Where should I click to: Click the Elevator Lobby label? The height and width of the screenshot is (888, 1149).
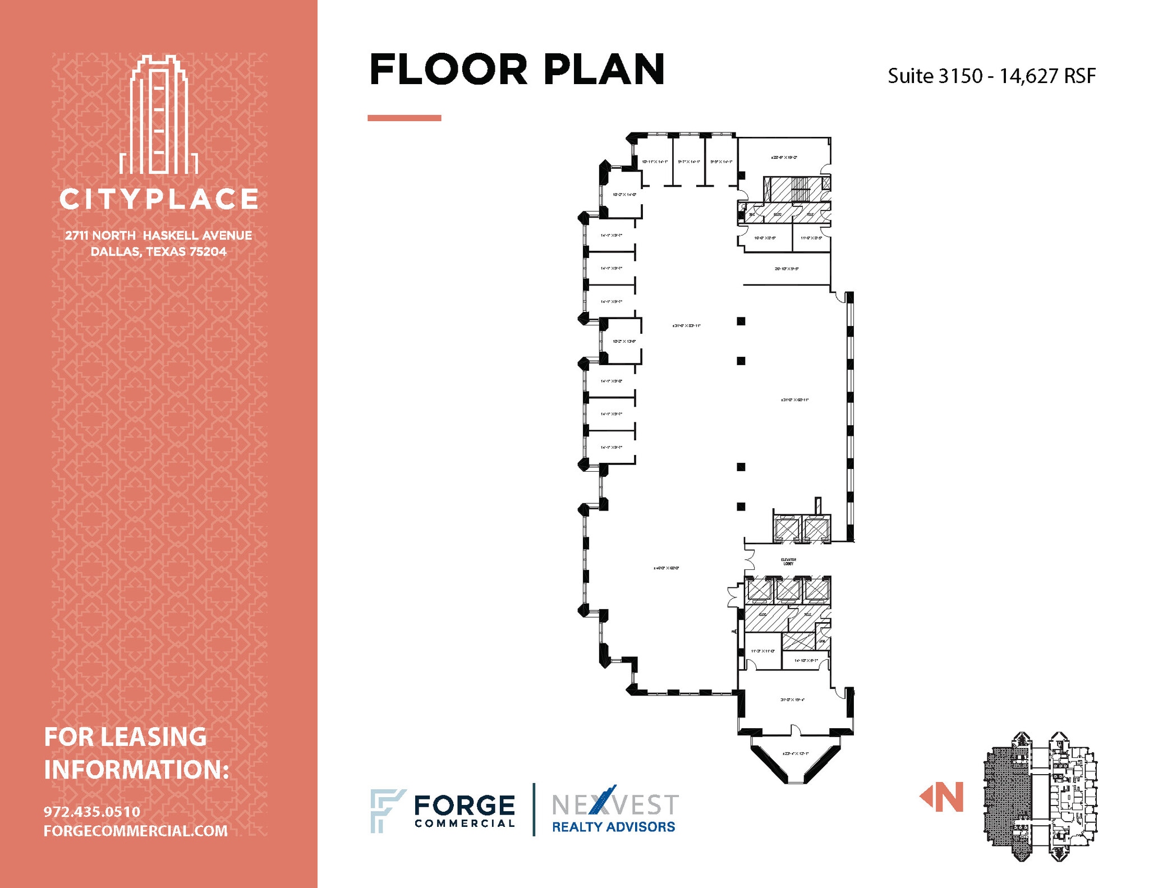[x=788, y=561]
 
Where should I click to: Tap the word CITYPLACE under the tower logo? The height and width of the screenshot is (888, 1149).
[x=159, y=199]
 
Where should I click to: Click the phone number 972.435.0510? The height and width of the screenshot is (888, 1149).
[x=92, y=812]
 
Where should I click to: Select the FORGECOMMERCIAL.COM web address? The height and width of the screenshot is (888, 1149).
[x=136, y=831]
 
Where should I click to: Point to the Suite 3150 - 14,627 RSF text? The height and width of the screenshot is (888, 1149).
[x=991, y=76]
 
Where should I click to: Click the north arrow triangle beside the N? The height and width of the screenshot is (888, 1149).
[x=925, y=797]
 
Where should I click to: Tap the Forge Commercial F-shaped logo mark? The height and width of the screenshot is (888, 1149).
[x=386, y=810]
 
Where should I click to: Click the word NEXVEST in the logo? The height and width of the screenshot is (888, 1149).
[x=615, y=805]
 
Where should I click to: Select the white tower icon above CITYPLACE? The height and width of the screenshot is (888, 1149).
[x=159, y=115]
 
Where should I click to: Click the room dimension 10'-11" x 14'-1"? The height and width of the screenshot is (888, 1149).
[x=655, y=162]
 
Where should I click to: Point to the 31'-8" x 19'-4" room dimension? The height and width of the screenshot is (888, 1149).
[x=792, y=700]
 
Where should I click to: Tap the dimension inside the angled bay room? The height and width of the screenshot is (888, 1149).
[x=795, y=753]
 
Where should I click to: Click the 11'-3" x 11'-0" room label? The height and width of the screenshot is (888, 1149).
[x=762, y=651]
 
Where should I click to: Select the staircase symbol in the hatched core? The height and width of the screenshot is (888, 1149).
[x=801, y=188]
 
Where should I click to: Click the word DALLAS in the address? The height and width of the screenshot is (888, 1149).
[x=115, y=252]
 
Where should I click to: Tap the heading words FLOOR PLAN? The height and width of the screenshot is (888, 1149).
[x=517, y=70]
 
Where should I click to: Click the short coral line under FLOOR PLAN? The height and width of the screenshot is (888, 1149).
[x=404, y=118]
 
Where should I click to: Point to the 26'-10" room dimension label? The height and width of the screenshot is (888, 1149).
[x=787, y=269]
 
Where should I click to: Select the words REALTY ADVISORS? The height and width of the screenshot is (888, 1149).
[x=613, y=827]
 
